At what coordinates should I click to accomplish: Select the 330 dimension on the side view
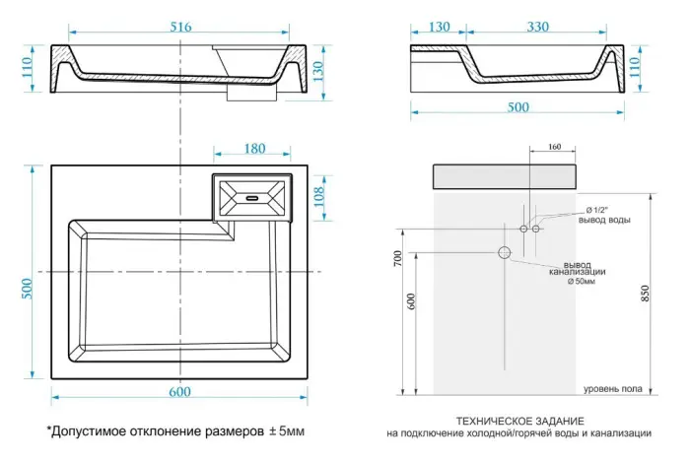click(x=537, y=28)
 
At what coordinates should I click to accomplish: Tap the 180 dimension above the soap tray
click(x=253, y=149)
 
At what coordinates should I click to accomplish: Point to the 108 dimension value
click(x=317, y=197)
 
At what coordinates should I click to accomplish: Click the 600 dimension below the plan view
click(x=178, y=393)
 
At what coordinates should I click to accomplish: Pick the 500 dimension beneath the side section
click(x=517, y=107)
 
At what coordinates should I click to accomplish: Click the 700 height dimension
click(x=398, y=259)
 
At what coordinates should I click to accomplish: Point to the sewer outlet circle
click(x=505, y=253)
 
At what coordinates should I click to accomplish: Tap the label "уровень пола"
click(x=612, y=388)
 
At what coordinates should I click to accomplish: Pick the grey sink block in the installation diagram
click(x=505, y=177)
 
